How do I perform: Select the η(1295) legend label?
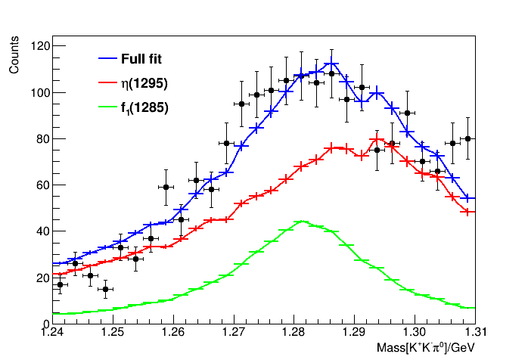point(144,82)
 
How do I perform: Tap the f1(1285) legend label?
point(144,107)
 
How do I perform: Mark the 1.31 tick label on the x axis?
point(477,332)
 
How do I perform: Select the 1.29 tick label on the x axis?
point(355,332)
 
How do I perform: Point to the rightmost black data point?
point(468,138)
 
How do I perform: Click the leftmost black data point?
point(60,285)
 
